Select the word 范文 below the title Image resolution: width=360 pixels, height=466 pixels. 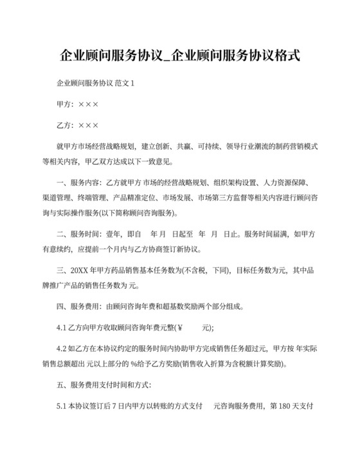pyautogui.click(x=122, y=84)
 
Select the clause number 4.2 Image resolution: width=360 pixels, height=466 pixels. pyautogui.click(x=62, y=349)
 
